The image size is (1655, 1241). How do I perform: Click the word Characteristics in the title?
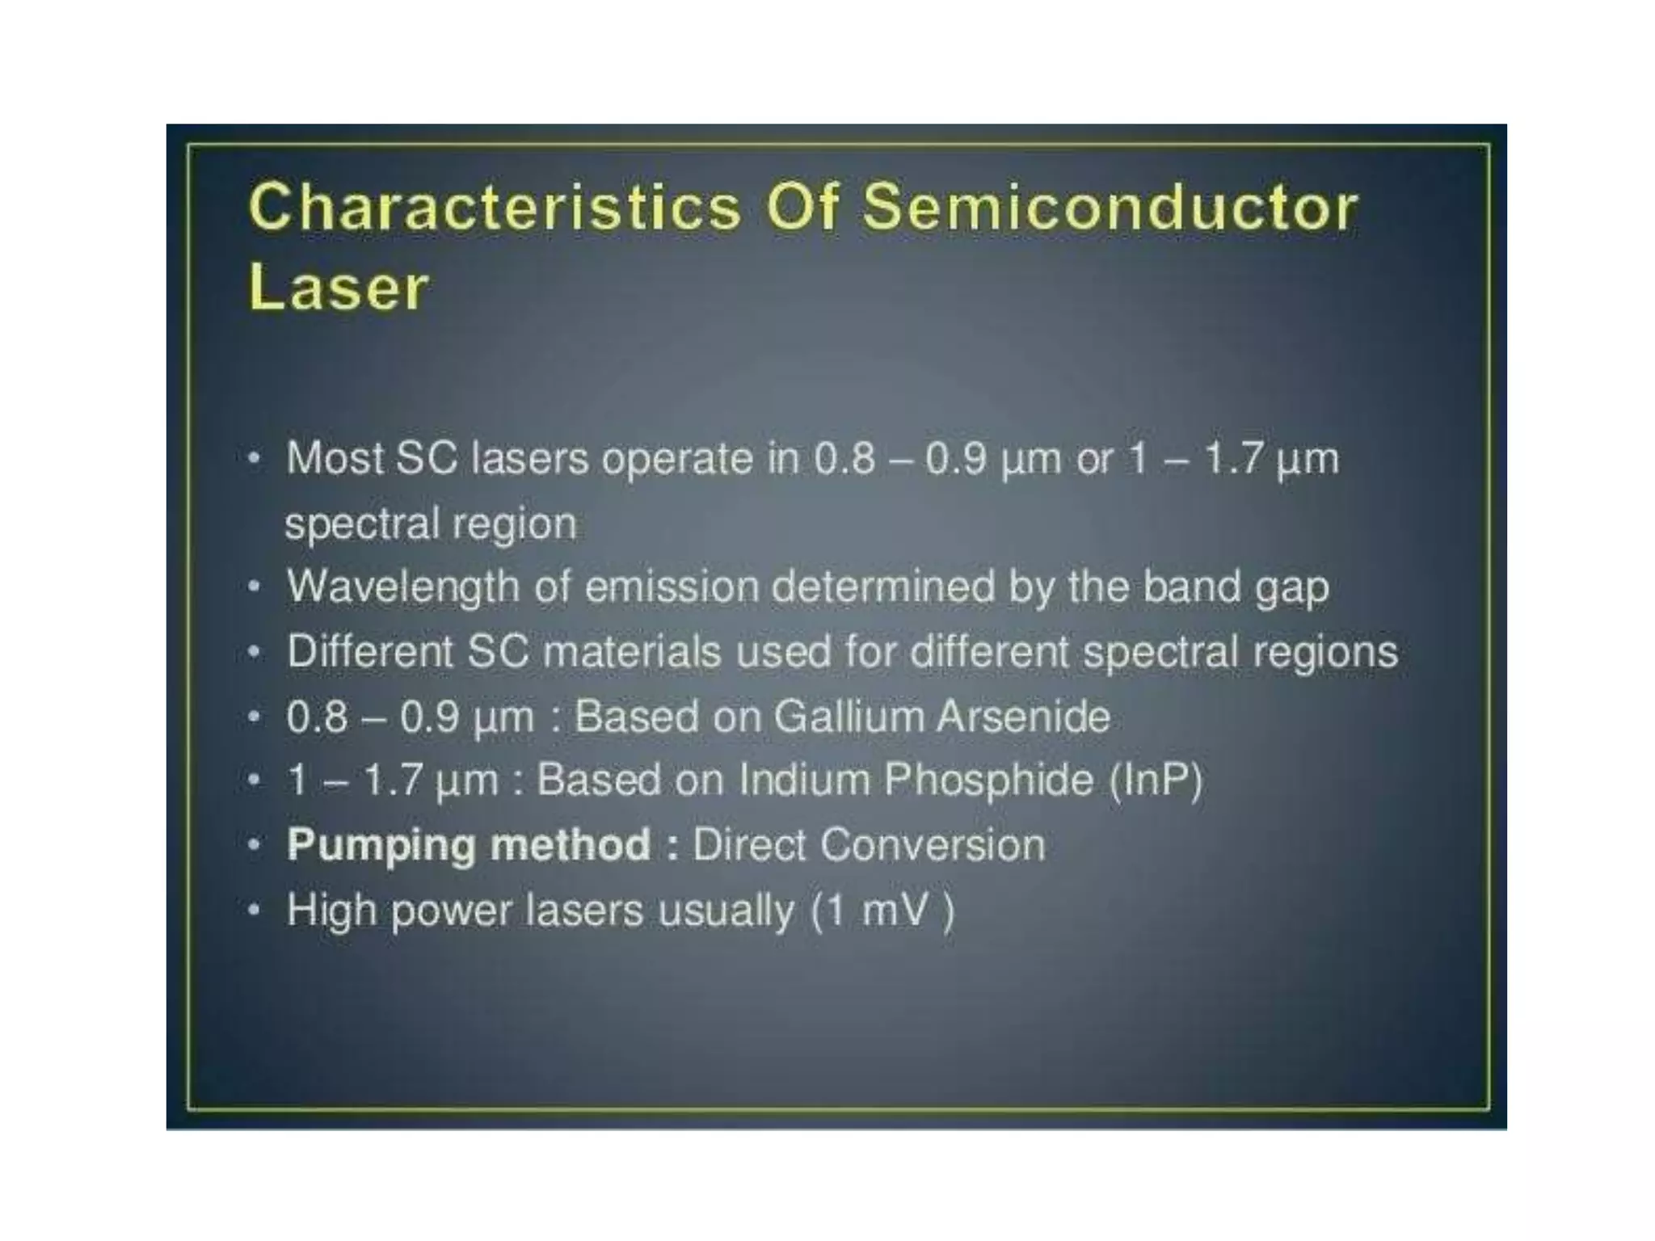pyautogui.click(x=495, y=208)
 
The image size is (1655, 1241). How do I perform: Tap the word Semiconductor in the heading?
pyautogui.click(x=1110, y=208)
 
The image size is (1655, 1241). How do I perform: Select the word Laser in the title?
pyautogui.click(x=338, y=288)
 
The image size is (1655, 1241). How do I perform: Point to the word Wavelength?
pyautogui.click(x=402, y=587)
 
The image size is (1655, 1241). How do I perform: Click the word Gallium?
pyautogui.click(x=849, y=717)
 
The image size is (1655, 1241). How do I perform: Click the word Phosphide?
pyautogui.click(x=988, y=780)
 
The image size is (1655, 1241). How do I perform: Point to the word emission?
pyautogui.click(x=672, y=587)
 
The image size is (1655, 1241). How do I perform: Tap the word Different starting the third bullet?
pyautogui.click(x=369, y=652)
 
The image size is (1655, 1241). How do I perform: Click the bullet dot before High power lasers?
pyautogui.click(x=254, y=911)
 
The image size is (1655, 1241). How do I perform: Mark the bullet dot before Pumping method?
pyautogui.click(x=254, y=846)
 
